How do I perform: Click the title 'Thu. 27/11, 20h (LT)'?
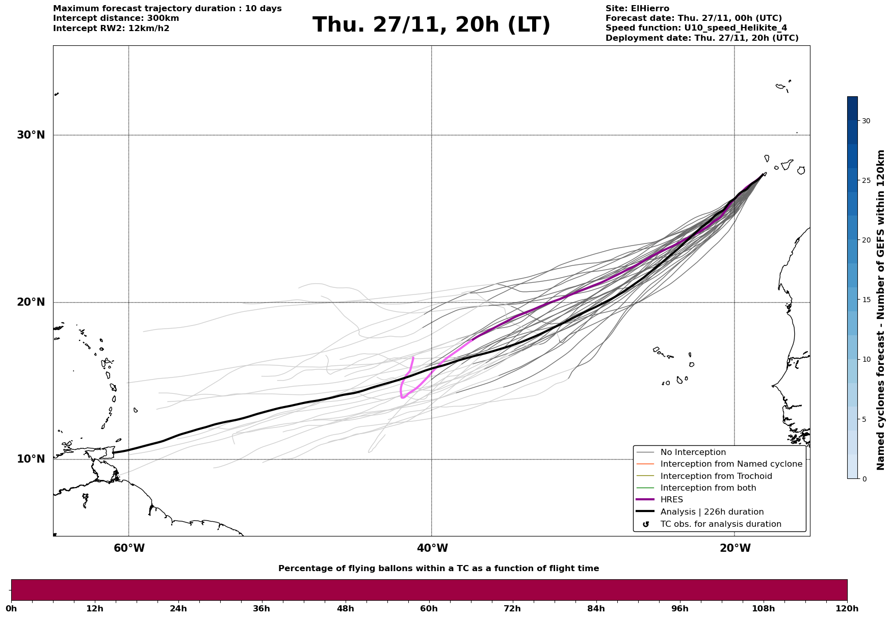click(431, 25)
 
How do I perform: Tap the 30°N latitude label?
click(31, 135)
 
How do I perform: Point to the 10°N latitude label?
click(31, 459)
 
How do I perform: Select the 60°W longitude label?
click(129, 548)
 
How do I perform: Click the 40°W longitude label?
click(432, 548)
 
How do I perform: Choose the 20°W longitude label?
click(735, 548)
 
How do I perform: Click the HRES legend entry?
click(671, 500)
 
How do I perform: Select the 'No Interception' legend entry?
click(693, 452)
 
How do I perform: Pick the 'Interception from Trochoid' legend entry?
click(716, 476)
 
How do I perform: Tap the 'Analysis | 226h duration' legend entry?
click(712, 512)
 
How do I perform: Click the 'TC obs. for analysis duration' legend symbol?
click(646, 524)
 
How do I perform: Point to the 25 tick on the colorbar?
click(866, 180)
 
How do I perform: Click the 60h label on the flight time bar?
click(429, 608)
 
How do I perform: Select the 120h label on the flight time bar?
click(847, 608)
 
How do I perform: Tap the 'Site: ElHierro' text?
click(637, 9)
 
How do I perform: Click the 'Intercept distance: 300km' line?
click(116, 18)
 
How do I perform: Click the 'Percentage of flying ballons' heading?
click(438, 569)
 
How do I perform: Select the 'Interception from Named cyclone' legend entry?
click(731, 464)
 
